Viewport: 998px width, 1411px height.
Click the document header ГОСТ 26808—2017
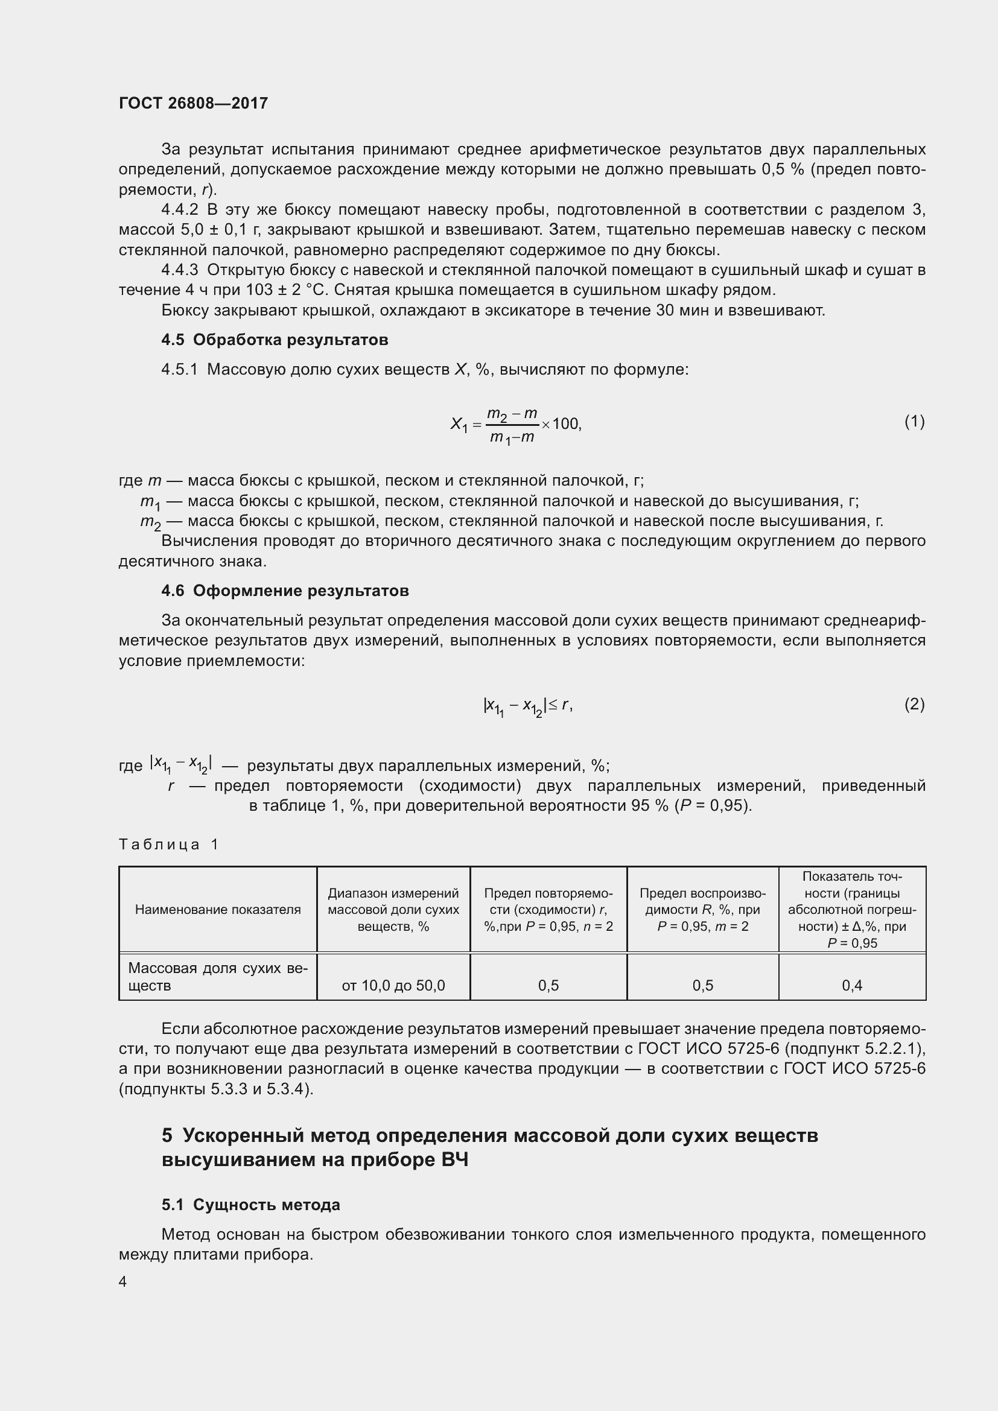(x=193, y=103)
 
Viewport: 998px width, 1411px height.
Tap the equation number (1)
(x=914, y=422)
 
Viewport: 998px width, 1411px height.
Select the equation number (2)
(x=914, y=704)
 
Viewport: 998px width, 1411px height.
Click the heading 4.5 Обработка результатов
(x=275, y=340)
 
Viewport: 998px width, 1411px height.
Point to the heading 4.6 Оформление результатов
(x=285, y=591)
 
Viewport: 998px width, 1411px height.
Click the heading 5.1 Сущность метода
(x=251, y=1205)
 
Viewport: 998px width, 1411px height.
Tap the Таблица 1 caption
(x=168, y=845)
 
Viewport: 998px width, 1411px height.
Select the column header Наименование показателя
(x=218, y=910)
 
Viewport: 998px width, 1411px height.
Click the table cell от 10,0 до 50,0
(x=393, y=986)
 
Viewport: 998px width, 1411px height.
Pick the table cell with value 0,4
(x=852, y=986)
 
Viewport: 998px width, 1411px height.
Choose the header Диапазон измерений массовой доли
(x=393, y=910)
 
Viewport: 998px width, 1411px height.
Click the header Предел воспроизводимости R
(x=702, y=910)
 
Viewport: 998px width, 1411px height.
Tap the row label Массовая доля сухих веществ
(x=218, y=977)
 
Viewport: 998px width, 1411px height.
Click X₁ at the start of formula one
(x=459, y=424)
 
